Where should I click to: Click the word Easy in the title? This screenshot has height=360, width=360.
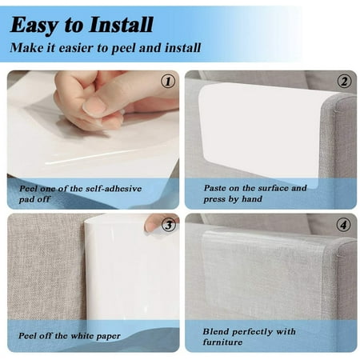click(34, 26)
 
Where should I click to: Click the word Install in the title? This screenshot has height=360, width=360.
click(122, 25)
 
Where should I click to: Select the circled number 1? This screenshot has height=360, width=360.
click(168, 82)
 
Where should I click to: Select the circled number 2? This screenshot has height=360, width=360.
click(344, 82)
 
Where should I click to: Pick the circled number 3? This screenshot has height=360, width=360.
click(169, 225)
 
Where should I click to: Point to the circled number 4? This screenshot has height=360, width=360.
click(343, 225)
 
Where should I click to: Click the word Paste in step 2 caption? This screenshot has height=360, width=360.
click(214, 188)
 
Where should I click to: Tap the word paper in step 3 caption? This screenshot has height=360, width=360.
click(109, 337)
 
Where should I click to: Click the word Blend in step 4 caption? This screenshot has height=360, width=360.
click(215, 331)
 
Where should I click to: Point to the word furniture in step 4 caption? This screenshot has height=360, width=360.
click(222, 342)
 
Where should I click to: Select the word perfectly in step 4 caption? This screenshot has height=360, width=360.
click(253, 332)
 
